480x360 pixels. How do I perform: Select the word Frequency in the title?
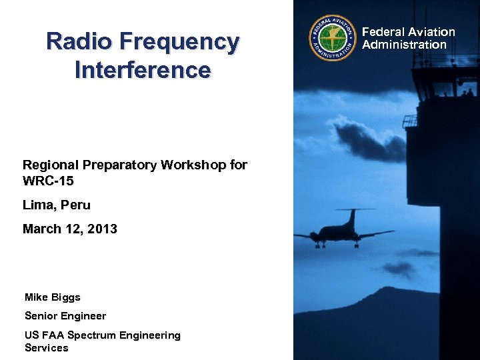click(179, 43)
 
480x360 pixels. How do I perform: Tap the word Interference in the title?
click(143, 69)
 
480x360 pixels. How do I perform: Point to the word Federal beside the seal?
click(383, 32)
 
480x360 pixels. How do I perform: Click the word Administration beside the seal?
click(404, 45)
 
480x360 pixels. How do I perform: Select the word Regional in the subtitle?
click(51, 165)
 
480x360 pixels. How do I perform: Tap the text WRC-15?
click(48, 181)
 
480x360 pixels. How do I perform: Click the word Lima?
click(38, 205)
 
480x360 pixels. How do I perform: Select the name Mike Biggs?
click(52, 297)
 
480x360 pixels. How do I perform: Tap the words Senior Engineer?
click(65, 315)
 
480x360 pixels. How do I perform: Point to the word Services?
click(46, 347)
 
